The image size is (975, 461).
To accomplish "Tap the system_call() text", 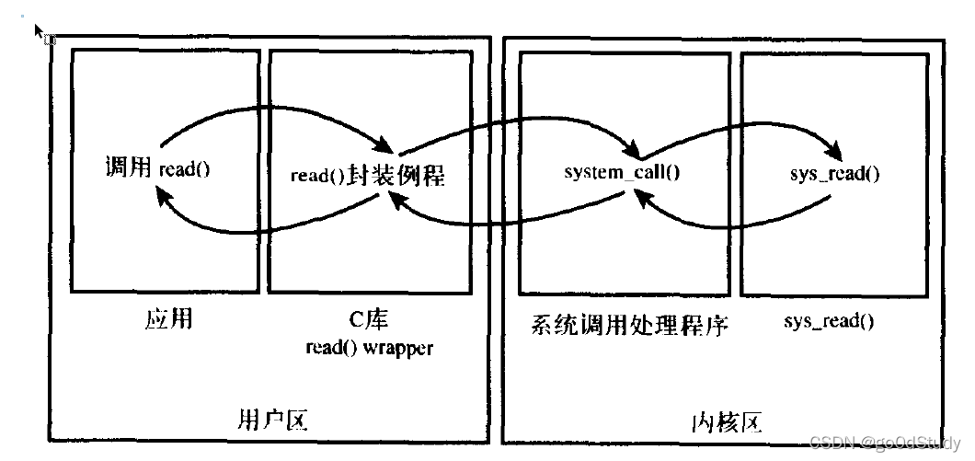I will click(622, 172).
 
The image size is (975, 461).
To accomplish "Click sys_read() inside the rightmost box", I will click(834, 173).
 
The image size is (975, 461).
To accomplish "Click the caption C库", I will click(370, 320).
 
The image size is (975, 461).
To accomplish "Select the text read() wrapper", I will click(369, 348).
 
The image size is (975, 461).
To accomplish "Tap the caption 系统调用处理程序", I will click(629, 324).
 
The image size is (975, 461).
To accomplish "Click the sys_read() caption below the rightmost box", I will click(829, 321).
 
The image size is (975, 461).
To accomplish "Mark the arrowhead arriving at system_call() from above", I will click(634, 149).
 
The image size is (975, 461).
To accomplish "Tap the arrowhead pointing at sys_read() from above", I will click(837, 149).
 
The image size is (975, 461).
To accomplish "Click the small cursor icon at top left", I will click(40, 32).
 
